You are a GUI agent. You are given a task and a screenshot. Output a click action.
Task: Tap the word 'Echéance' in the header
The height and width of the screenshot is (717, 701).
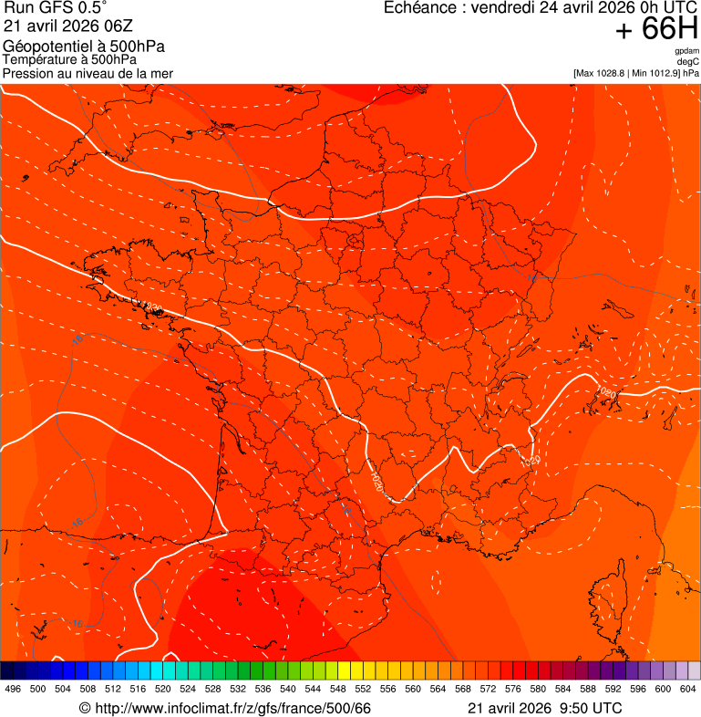point(418,7)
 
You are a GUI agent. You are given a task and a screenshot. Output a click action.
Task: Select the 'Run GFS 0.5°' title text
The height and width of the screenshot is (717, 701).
point(55,8)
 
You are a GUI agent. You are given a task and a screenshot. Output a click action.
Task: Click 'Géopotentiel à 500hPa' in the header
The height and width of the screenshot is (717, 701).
point(84,47)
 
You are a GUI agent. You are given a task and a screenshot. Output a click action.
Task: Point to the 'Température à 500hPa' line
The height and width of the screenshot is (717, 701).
point(77,60)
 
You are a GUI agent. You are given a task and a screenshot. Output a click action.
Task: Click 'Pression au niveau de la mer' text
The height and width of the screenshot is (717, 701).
point(88,73)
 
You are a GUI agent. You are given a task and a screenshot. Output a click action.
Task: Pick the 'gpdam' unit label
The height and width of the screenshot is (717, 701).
point(687,51)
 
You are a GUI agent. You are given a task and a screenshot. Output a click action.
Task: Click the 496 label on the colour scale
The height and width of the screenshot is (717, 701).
point(13,689)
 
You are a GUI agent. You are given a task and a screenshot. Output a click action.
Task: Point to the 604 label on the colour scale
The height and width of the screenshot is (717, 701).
point(687,689)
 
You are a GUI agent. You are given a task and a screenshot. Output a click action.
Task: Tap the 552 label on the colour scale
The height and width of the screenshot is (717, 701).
point(363,689)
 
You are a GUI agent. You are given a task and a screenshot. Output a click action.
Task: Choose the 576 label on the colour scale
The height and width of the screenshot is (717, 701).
point(512,689)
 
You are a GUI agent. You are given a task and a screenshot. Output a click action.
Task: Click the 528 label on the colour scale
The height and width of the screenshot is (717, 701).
point(212,689)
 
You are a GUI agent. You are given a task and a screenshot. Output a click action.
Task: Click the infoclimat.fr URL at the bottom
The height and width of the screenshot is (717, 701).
point(232,709)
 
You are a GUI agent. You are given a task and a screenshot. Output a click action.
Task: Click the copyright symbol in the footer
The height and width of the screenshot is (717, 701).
point(85,709)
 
